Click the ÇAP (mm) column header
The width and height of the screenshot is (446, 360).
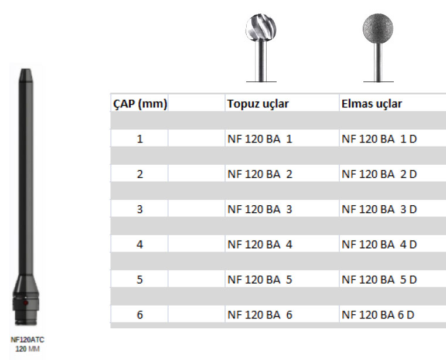pos(139,104)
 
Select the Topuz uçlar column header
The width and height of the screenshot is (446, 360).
pos(258,104)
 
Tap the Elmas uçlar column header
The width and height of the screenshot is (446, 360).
pos(372,104)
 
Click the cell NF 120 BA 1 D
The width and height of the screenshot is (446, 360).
pos(379,140)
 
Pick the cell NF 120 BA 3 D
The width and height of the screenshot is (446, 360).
pos(379,209)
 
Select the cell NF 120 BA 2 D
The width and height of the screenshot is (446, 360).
pos(379,174)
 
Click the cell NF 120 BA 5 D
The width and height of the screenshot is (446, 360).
pos(379,280)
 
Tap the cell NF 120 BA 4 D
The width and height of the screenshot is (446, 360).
pos(379,244)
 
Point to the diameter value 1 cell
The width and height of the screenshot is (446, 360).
pos(139,140)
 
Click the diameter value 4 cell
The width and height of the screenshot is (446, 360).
pos(139,244)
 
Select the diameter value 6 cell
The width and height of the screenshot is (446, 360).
pos(139,315)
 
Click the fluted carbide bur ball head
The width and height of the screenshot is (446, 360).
pos(260,29)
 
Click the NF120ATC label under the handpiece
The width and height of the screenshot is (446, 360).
pos(28,339)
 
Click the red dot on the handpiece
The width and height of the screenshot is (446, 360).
pos(25,304)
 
